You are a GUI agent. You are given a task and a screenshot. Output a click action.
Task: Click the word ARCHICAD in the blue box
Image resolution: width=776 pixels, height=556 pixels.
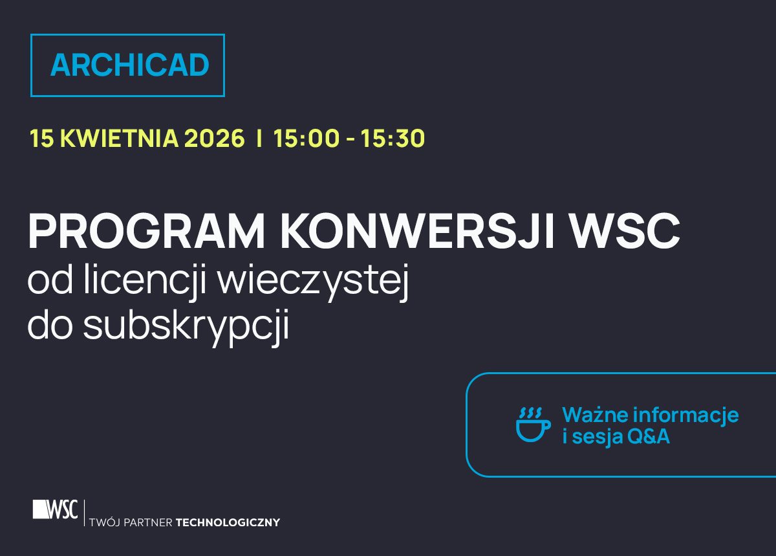(129, 65)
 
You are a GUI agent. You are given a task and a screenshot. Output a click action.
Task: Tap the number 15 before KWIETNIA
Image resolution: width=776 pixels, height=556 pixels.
(41, 139)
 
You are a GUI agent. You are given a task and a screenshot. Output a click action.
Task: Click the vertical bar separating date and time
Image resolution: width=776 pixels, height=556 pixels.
(259, 139)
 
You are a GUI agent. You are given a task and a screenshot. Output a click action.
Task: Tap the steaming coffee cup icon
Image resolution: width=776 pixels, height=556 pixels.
(533, 425)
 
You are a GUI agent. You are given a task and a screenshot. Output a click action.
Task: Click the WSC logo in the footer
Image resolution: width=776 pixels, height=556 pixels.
(56, 509)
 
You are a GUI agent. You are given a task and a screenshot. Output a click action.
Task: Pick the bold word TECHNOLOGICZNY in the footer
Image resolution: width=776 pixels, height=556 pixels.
(228, 522)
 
